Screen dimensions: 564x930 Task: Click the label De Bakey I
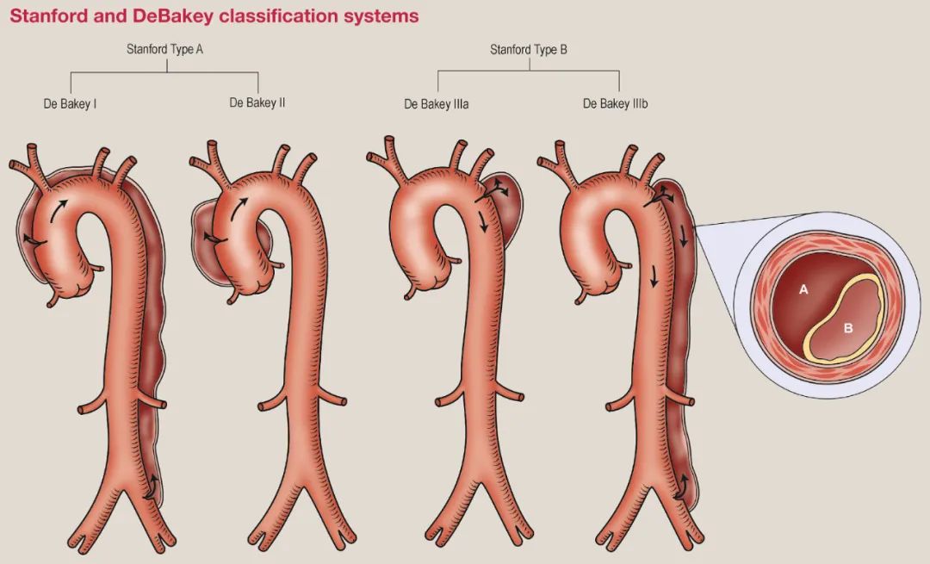click(x=70, y=104)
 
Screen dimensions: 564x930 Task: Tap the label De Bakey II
click(x=257, y=103)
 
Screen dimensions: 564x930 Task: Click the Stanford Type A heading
click(x=164, y=50)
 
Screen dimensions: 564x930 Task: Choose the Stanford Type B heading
click(x=529, y=50)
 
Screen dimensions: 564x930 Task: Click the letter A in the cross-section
click(x=803, y=290)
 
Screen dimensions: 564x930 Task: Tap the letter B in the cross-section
click(x=847, y=328)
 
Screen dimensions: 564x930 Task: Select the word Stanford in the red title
click(x=43, y=16)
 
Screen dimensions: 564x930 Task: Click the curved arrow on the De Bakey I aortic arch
click(x=57, y=208)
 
